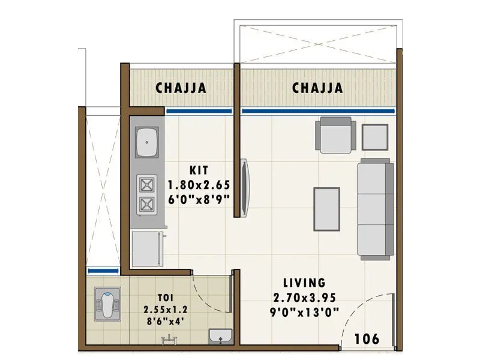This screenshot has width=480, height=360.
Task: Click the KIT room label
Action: [x=199, y=170]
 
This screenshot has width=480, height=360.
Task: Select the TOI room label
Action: [x=165, y=298]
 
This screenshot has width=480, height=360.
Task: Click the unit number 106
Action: [x=366, y=339]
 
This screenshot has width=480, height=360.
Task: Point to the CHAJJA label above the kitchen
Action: [x=181, y=88]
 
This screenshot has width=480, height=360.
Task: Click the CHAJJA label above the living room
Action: [x=317, y=88]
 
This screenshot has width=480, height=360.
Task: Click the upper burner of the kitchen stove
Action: [x=147, y=184]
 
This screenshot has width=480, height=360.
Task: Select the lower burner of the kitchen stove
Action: [x=147, y=204]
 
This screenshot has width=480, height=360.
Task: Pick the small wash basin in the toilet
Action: [x=220, y=338]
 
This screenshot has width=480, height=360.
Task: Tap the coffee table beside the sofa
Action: [x=327, y=207]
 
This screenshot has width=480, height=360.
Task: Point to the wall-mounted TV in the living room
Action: [x=245, y=187]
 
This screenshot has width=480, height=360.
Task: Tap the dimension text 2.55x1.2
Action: [x=165, y=310]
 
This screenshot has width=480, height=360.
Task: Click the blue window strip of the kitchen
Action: [x=199, y=111]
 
